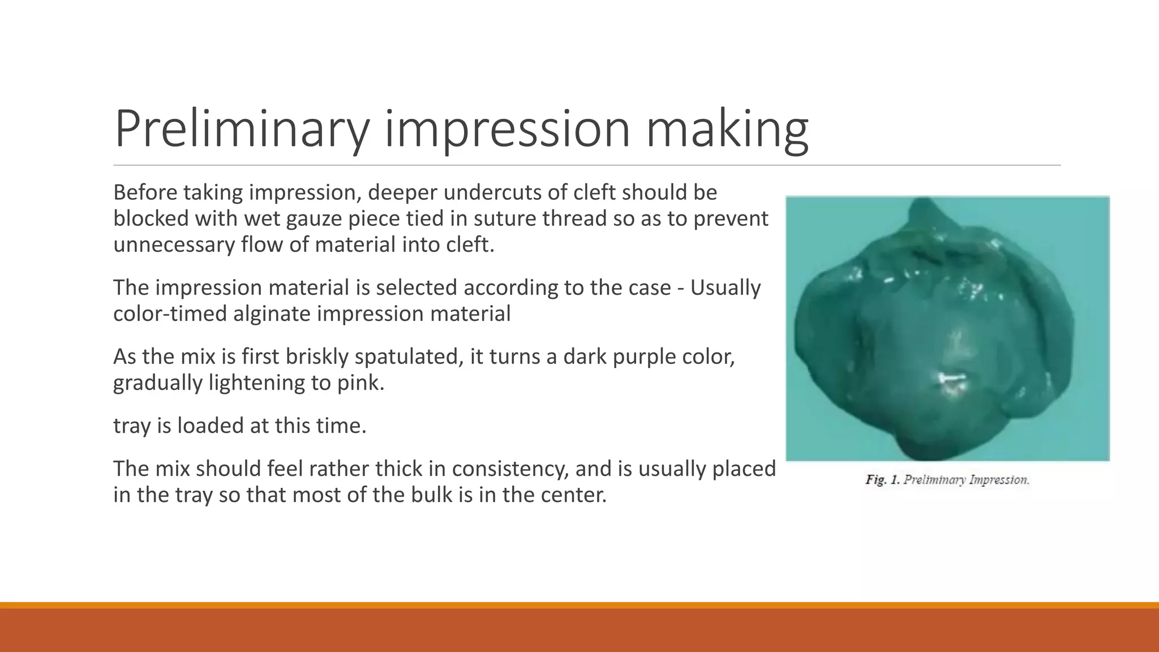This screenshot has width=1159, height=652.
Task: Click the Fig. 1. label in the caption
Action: tap(882, 480)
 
